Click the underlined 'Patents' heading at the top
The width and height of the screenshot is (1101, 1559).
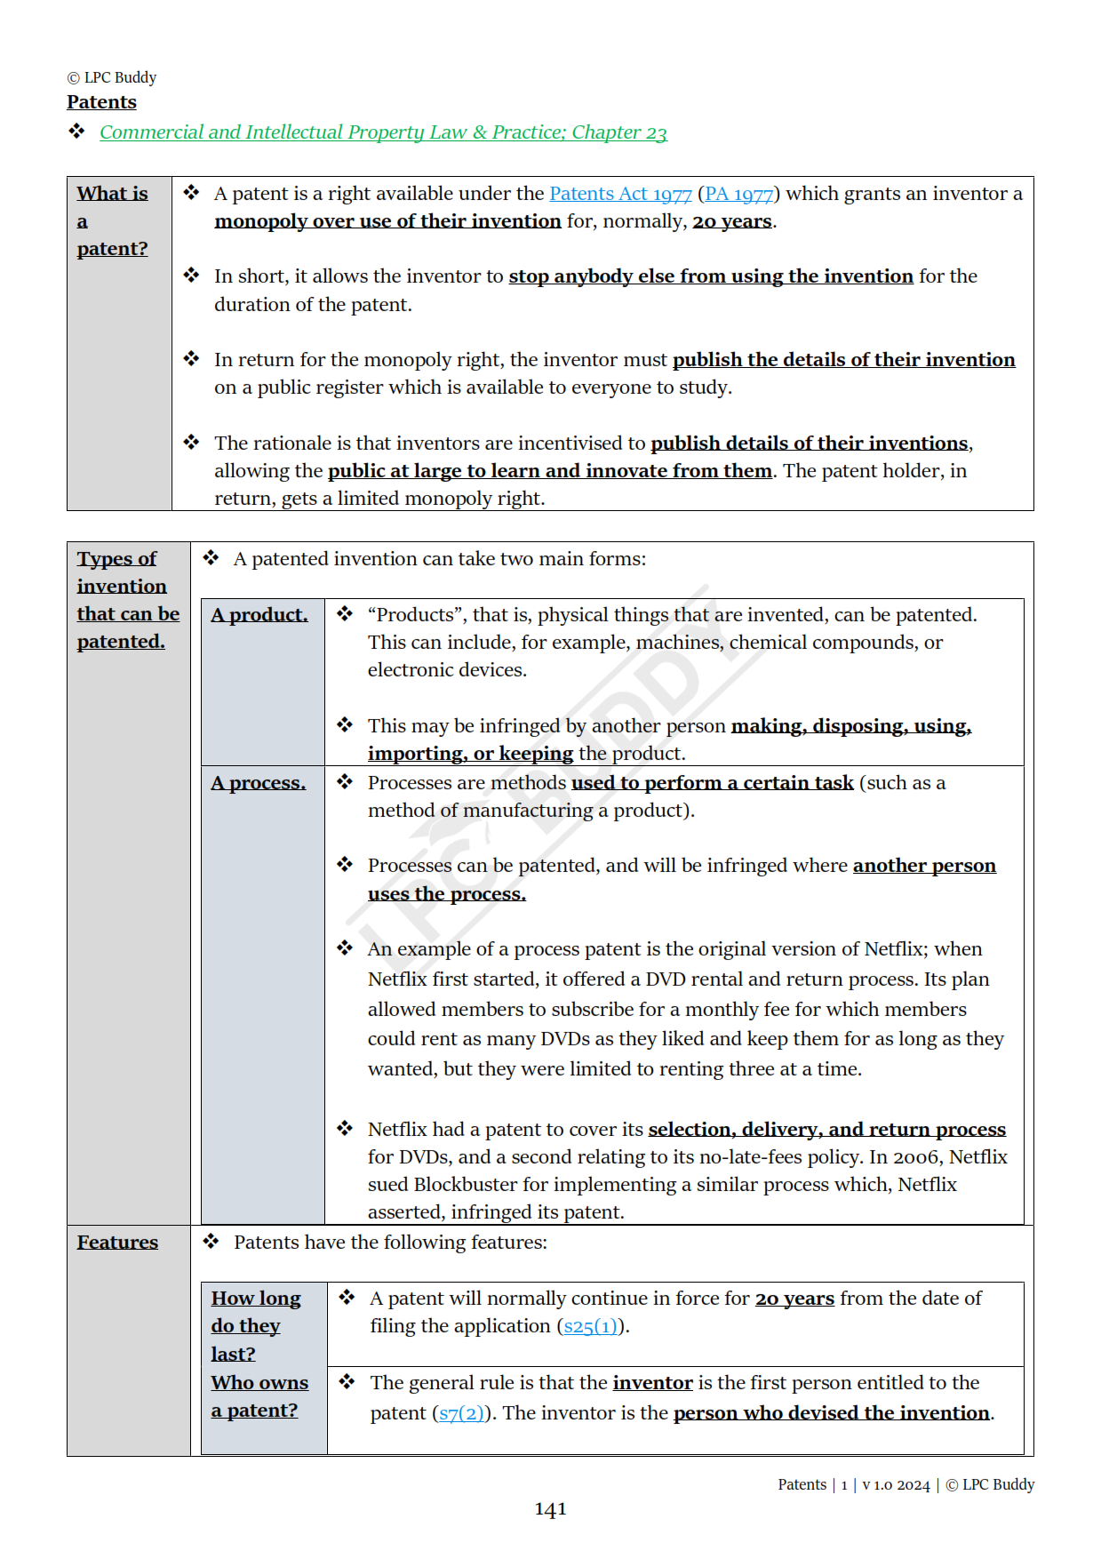[101, 102]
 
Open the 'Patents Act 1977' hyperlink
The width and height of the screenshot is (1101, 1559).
[619, 194]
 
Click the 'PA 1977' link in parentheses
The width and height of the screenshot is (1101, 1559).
[738, 194]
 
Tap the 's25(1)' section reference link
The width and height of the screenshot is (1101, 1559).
[590, 1326]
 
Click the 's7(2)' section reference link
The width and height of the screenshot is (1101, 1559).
[461, 1413]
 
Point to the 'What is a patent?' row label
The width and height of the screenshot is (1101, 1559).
[112, 220]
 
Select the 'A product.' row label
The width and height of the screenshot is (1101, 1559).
[259, 615]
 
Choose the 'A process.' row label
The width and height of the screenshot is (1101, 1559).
[258, 783]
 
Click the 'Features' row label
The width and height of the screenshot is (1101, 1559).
[117, 1243]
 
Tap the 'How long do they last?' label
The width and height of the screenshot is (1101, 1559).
[255, 1325]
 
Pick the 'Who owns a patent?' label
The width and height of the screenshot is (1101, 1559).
[259, 1396]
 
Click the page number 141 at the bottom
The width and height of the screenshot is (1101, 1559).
[550, 1509]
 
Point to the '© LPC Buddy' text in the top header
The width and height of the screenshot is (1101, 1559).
[112, 77]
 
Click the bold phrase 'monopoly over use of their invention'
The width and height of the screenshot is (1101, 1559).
[387, 221]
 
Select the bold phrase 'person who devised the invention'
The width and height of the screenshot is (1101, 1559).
[831, 1413]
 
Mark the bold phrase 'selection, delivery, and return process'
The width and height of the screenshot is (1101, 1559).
[826, 1130]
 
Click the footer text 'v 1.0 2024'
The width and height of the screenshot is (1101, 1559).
[896, 1485]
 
